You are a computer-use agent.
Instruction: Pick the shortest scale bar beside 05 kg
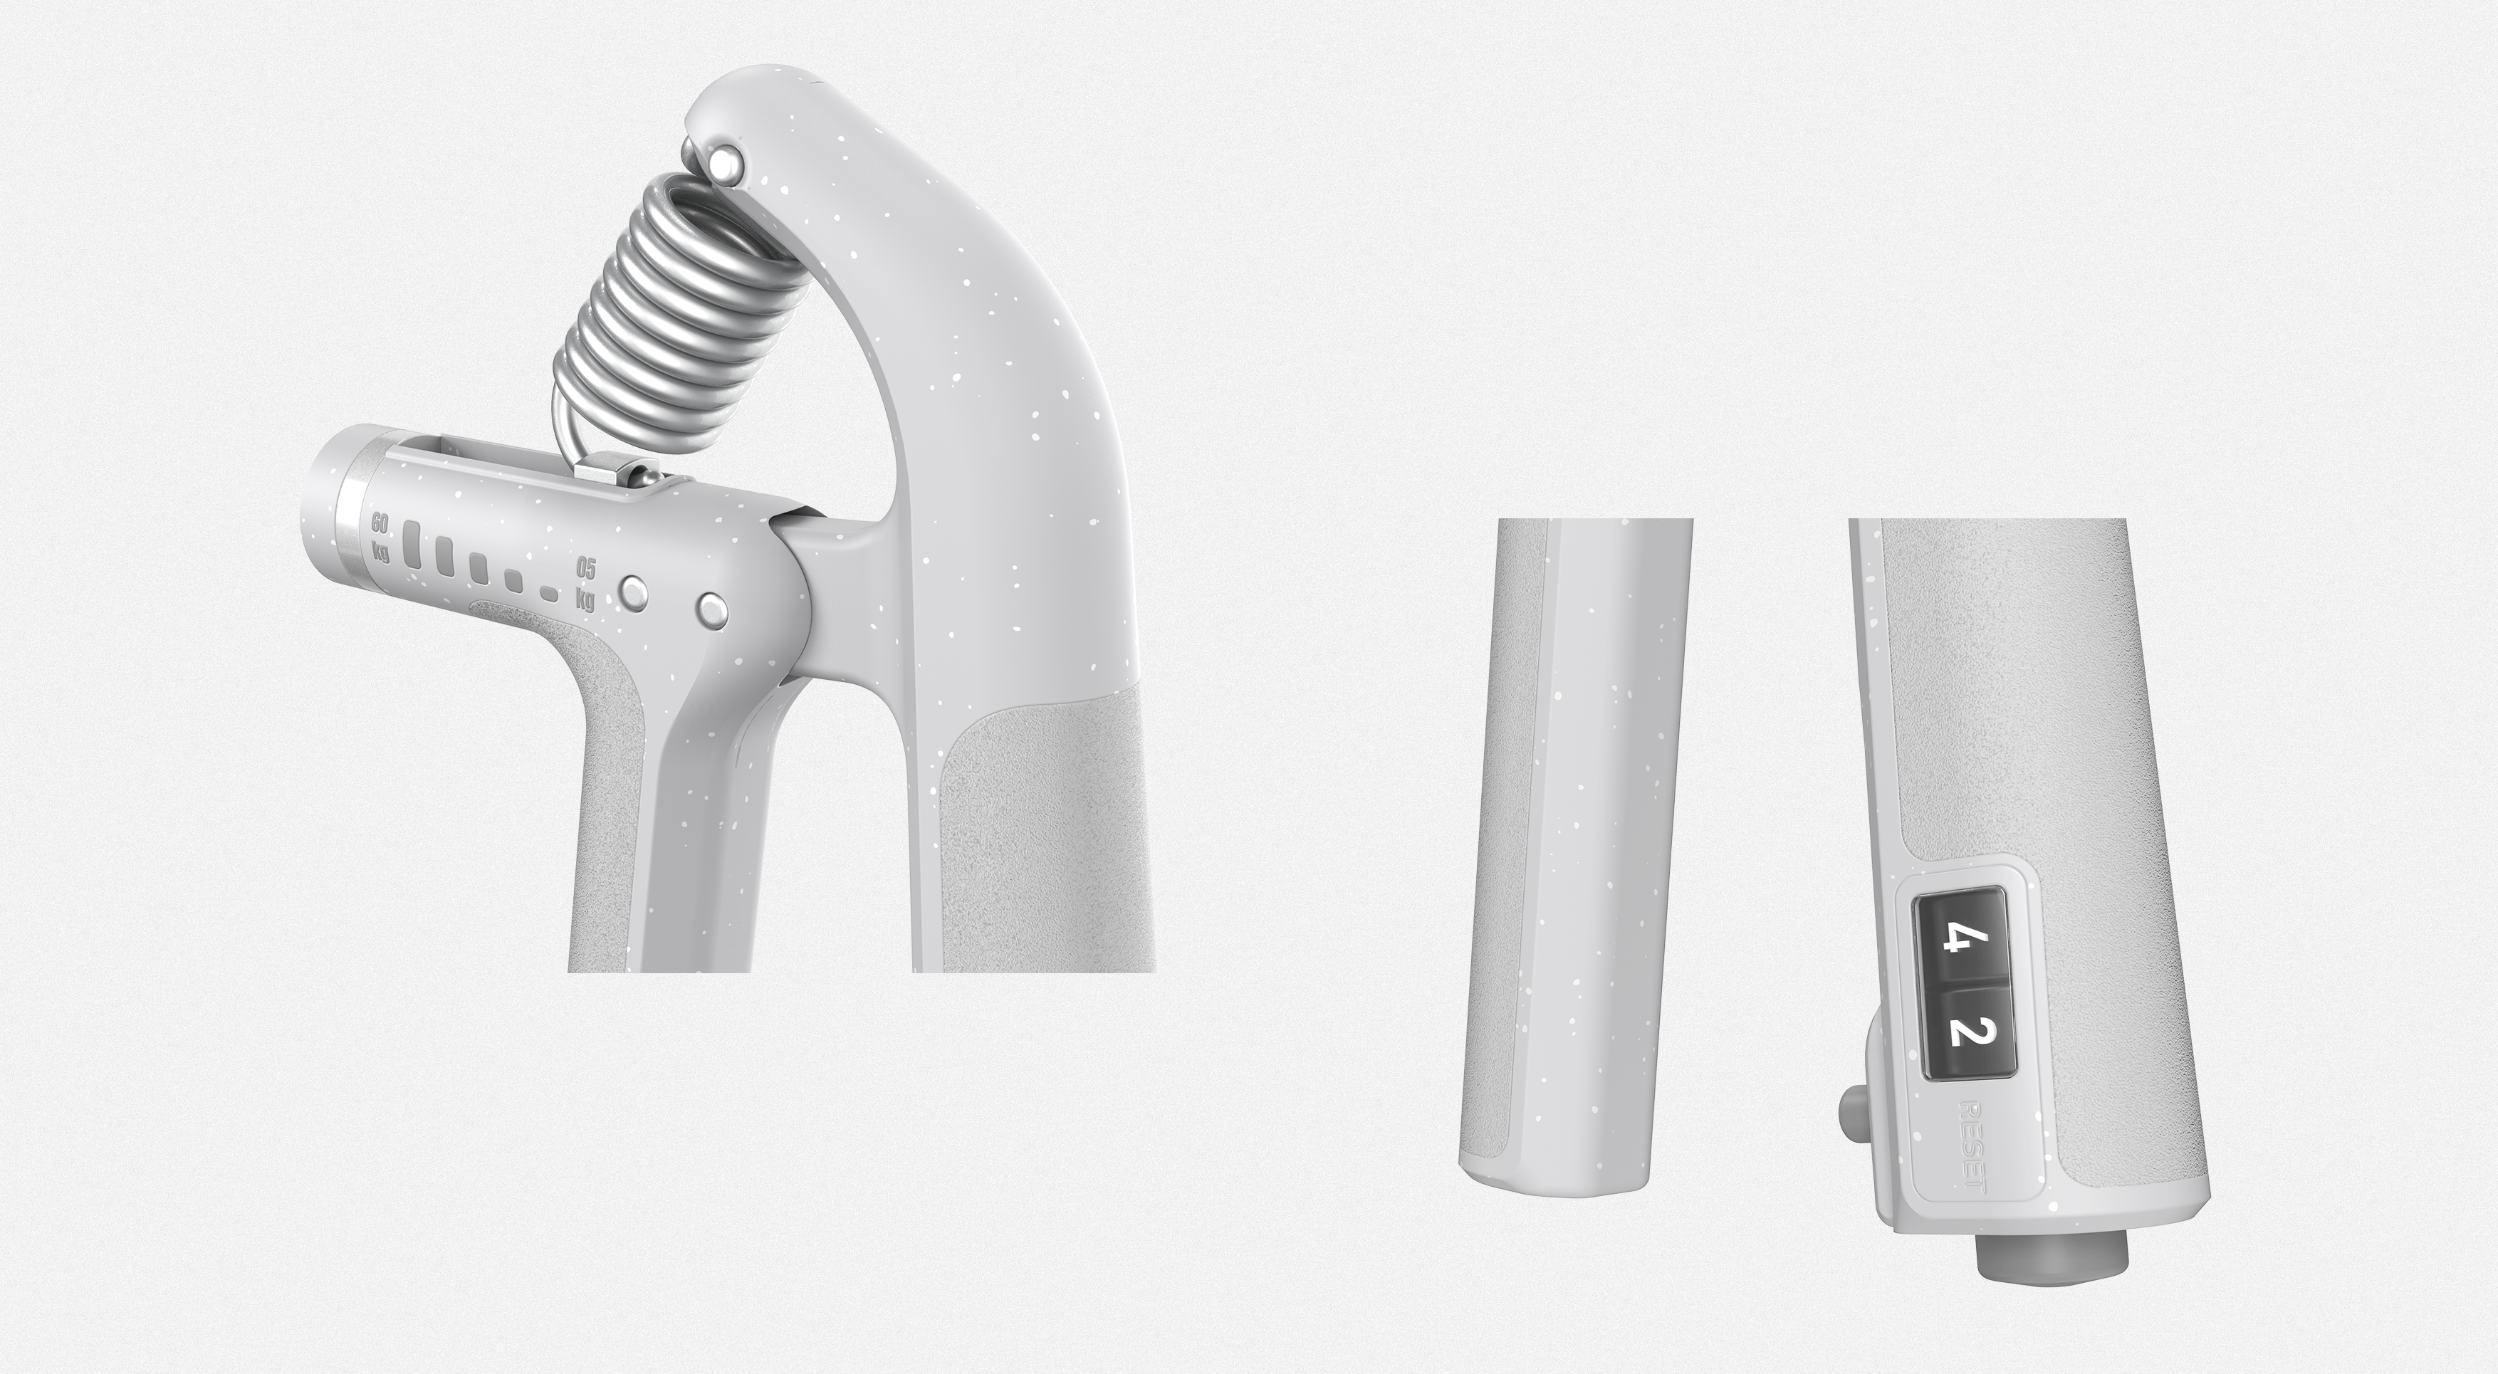[549, 594]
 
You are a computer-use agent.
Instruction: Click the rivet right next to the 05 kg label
[635, 594]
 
